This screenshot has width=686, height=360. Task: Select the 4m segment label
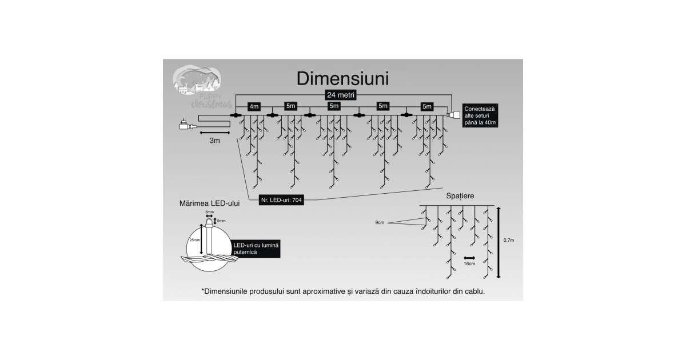tap(254, 106)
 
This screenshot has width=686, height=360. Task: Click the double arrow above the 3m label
tap(214, 132)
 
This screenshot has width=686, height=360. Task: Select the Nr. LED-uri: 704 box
tap(281, 200)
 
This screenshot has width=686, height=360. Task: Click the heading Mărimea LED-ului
tap(209, 202)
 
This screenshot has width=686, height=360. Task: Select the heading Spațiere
tap(460, 196)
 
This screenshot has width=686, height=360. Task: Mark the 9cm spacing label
tap(380, 222)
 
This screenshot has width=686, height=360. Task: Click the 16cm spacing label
tap(470, 264)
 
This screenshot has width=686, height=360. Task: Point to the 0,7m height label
tap(509, 241)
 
